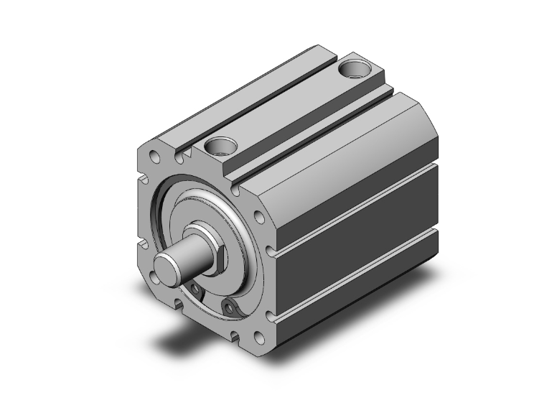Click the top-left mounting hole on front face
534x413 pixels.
(x=153, y=154)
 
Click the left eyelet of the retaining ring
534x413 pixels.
(x=195, y=289)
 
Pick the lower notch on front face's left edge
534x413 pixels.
(x=143, y=244)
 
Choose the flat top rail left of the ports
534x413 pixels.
(x=237, y=93)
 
